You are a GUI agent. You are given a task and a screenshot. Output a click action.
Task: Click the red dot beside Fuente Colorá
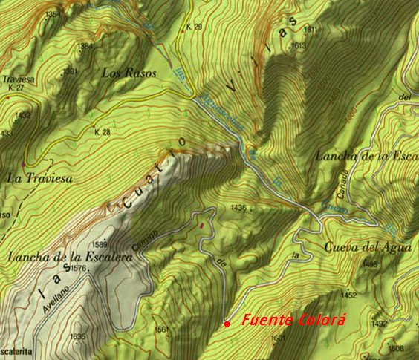[x=226, y=324]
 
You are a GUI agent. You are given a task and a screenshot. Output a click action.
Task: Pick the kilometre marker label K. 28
[x=102, y=132]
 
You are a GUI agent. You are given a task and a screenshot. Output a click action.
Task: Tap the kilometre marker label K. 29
[x=194, y=27]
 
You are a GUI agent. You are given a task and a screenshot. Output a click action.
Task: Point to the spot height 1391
[x=70, y=71]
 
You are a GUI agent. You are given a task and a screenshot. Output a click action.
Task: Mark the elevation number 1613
[x=299, y=46]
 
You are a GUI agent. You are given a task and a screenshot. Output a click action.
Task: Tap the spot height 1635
[x=77, y=337]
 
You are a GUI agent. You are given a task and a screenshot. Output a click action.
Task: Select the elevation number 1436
[x=238, y=207]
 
